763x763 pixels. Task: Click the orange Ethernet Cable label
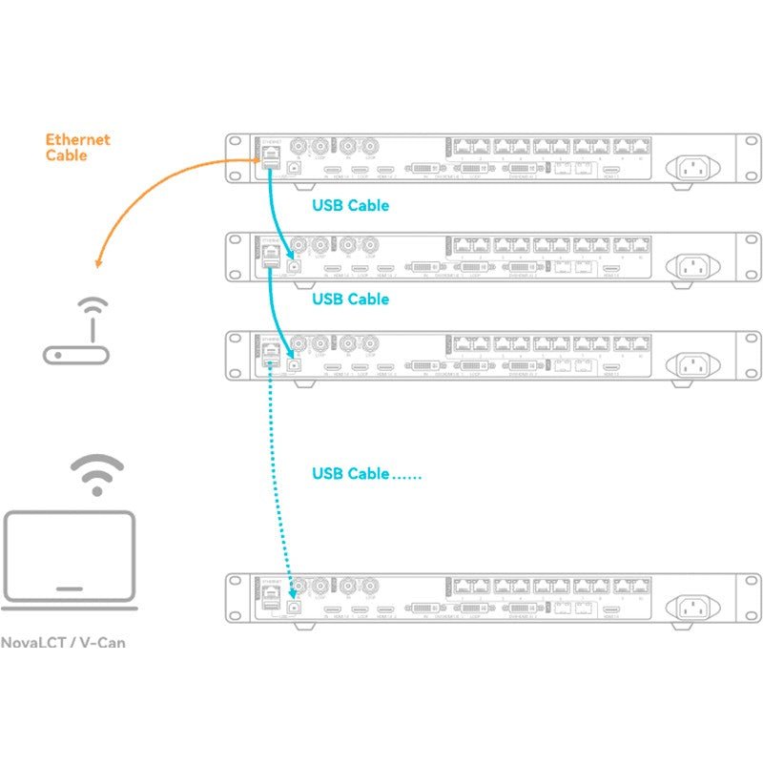pos(77,147)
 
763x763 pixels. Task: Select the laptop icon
pos(70,563)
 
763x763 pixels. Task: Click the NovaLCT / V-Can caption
pos(64,643)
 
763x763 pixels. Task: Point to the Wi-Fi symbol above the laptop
pos(96,474)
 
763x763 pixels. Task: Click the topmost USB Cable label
pos(350,205)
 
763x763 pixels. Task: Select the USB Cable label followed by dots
pos(366,474)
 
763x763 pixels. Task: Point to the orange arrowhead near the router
pos(96,264)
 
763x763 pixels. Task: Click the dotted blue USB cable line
pos(281,477)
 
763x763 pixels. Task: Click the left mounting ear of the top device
pos(234,159)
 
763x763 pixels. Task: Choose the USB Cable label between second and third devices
pos(350,299)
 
